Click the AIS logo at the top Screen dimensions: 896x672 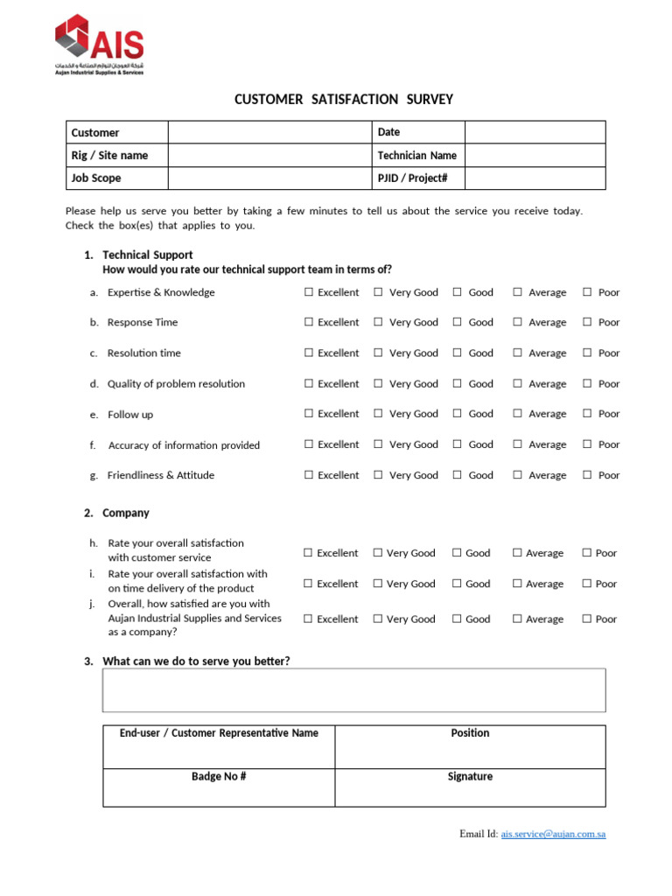(99, 45)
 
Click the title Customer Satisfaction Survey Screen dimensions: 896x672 (344, 100)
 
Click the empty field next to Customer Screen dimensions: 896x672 (269, 132)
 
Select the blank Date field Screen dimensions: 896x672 (535, 132)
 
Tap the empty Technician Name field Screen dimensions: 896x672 (535, 155)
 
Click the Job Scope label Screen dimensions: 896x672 (96, 178)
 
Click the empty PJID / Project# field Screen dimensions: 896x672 (535, 178)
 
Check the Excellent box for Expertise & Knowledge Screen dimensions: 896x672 (309, 292)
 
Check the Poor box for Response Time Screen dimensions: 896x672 (587, 322)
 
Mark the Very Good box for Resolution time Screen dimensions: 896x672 (378, 353)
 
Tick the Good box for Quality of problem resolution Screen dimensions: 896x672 (458, 383)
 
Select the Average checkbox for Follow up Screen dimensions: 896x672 (518, 414)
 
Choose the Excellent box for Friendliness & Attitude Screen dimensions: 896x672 (309, 475)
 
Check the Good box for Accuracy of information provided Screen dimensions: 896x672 (458, 444)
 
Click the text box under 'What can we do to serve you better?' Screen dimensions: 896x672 (353, 690)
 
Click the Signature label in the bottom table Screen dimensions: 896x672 (470, 776)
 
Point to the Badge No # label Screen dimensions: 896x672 (219, 776)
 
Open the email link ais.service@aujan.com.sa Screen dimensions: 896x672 (553, 834)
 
